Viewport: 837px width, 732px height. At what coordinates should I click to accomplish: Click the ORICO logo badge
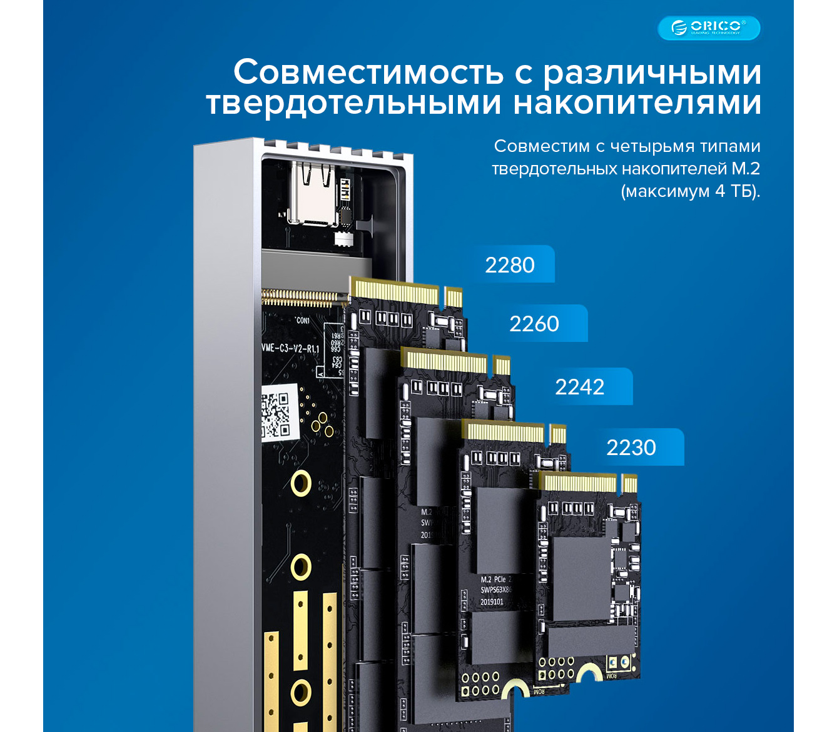709,28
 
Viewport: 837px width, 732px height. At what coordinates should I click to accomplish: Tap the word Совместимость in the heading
368,72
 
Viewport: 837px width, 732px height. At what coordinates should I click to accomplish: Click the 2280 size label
510,265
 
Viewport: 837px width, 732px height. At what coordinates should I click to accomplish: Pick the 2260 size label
534,324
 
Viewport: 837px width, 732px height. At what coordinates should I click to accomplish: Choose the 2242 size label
580,387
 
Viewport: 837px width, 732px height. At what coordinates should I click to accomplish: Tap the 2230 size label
631,448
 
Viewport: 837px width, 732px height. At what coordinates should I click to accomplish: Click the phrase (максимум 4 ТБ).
690,191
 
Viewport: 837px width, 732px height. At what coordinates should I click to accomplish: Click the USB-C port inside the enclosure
311,194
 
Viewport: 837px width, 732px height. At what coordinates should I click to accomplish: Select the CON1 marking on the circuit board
303,321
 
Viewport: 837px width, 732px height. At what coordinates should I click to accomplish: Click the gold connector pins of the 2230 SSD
580,483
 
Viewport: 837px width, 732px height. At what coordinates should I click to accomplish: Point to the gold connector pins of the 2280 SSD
395,293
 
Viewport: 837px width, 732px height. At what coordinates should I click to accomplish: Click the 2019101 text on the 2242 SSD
492,602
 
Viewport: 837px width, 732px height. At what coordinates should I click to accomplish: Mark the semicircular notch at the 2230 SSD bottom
589,674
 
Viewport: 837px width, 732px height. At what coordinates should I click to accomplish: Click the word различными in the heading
652,73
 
